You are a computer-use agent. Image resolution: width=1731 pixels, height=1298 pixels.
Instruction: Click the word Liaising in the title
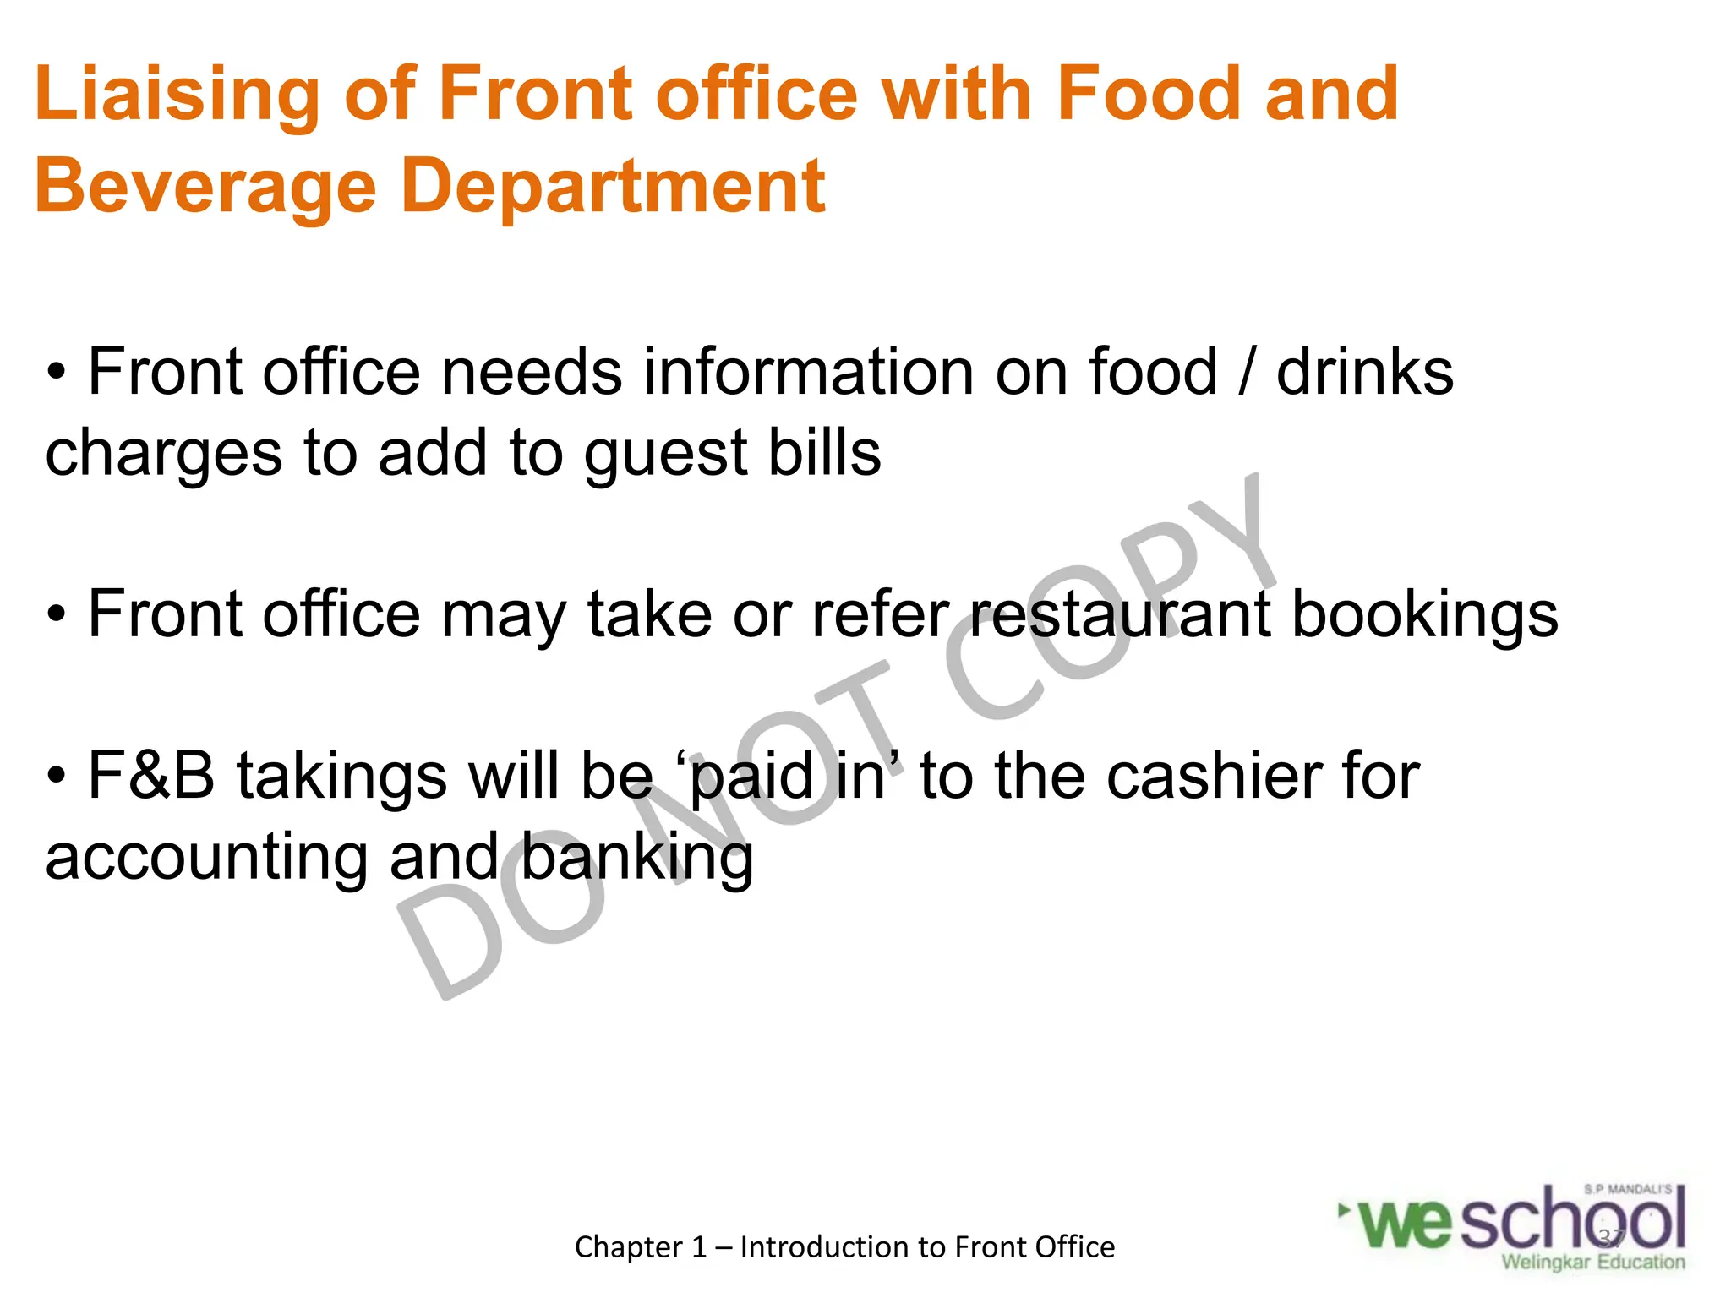(x=177, y=95)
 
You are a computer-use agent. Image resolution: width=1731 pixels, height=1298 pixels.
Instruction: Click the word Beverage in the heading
(x=205, y=188)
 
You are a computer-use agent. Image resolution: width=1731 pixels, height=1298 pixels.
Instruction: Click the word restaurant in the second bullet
(x=1120, y=614)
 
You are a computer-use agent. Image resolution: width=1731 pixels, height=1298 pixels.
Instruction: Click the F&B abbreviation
(x=151, y=776)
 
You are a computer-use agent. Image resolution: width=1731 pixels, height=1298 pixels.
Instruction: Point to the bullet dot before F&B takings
(x=57, y=776)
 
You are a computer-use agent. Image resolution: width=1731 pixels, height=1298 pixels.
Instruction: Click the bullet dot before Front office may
(x=57, y=614)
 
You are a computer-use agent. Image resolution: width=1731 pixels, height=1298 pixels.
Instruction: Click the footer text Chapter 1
(x=640, y=1246)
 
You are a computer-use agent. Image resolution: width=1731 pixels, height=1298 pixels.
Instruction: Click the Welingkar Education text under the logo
(x=1592, y=1263)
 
